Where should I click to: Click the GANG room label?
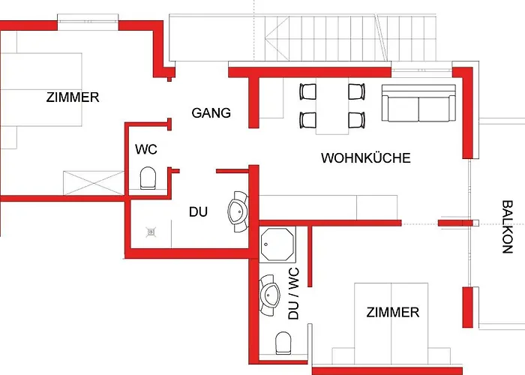tap(211, 112)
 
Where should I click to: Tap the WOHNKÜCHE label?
tap(366, 157)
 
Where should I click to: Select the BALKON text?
tap(507, 226)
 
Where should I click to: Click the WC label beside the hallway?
tap(146, 149)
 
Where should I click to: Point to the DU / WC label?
tap(293, 293)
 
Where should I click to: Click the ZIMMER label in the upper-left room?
tap(73, 97)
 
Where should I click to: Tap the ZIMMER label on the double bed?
tap(393, 313)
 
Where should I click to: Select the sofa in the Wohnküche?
tap(418, 103)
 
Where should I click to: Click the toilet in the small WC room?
tap(148, 178)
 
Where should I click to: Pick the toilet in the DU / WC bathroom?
tap(283, 343)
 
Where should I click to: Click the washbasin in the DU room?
tap(238, 211)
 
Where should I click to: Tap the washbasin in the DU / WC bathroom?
tap(270, 295)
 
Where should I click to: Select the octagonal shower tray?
tap(277, 244)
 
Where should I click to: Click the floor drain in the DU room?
tap(151, 232)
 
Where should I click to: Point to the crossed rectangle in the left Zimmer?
tap(94, 183)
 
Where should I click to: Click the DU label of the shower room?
tap(198, 211)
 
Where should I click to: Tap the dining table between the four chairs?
tap(332, 106)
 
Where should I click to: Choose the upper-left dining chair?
tap(307, 91)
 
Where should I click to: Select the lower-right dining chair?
tap(356, 120)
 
